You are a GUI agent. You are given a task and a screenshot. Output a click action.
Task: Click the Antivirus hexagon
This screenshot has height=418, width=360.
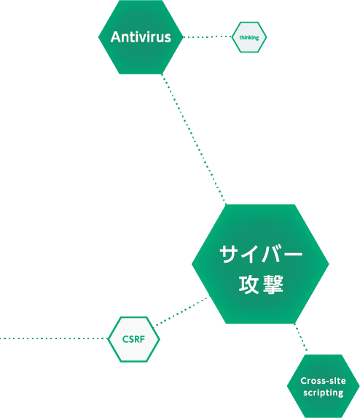click(141, 37)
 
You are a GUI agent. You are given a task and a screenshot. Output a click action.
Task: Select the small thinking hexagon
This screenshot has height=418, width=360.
click(249, 37)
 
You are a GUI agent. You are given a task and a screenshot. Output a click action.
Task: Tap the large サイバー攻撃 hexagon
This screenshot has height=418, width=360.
click(260, 264)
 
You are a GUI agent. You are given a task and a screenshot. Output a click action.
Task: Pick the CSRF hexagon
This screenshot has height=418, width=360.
click(133, 339)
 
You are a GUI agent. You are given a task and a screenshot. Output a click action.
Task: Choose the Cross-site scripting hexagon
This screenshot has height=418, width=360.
click(324, 387)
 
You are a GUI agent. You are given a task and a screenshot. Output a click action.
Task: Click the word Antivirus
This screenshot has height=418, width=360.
click(141, 37)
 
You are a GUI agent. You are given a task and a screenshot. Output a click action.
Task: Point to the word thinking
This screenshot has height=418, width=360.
click(249, 38)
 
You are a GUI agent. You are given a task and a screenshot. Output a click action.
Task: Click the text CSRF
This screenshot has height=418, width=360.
click(133, 339)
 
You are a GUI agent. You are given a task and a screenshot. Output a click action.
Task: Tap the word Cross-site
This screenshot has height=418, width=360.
click(324, 381)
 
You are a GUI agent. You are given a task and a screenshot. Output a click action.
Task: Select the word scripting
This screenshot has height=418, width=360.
click(324, 393)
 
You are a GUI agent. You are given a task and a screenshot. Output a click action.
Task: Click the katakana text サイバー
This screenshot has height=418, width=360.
click(261, 255)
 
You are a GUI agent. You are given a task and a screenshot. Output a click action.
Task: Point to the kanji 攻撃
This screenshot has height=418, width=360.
click(261, 285)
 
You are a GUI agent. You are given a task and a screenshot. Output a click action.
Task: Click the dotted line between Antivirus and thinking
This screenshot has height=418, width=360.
click(208, 36)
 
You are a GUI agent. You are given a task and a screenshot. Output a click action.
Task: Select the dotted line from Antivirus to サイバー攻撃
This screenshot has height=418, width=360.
click(194, 139)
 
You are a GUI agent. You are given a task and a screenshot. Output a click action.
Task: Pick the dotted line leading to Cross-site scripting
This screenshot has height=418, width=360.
click(301, 338)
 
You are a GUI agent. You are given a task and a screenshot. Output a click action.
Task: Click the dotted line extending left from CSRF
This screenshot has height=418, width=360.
click(54, 338)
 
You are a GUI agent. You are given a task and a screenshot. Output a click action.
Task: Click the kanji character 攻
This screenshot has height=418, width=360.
click(249, 285)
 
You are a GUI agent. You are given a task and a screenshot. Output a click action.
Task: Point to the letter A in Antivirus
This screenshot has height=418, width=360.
click(116, 37)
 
